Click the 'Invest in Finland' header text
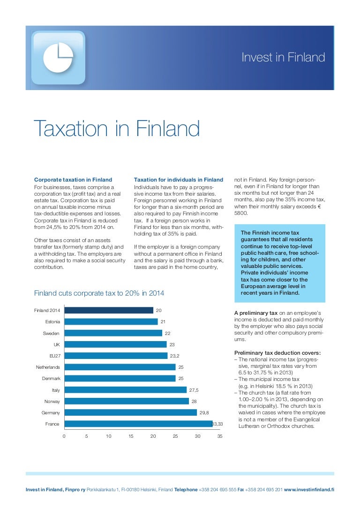click(x=283, y=58)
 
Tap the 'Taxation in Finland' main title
click(x=117, y=129)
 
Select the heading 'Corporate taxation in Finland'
click(x=73, y=180)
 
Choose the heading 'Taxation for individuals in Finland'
click(x=179, y=180)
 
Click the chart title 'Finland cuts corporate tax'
click(x=99, y=293)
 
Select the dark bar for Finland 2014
click(x=109, y=310)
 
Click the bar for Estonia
click(x=111, y=322)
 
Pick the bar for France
click(x=138, y=424)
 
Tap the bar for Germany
click(x=130, y=412)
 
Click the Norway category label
click(x=52, y=401)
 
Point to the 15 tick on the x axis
click(x=131, y=436)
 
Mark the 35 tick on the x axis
click(x=220, y=436)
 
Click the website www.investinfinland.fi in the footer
click(x=309, y=489)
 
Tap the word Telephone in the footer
click(x=187, y=489)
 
